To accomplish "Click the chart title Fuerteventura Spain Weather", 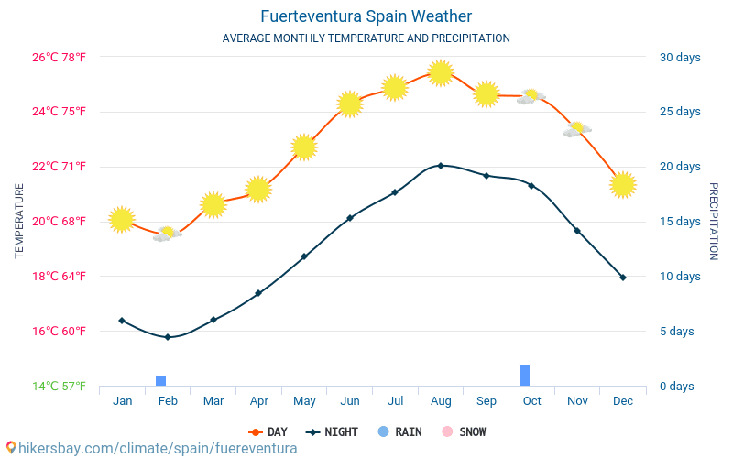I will [x=366, y=16].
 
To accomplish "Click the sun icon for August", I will [x=441, y=72].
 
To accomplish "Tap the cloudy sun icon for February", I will [x=167, y=234].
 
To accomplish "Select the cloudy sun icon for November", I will [x=576, y=129].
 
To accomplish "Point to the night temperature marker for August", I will [x=441, y=166].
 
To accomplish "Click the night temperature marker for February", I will [x=168, y=337].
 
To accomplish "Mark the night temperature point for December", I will [x=623, y=277].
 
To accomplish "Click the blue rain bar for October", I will [x=525, y=375].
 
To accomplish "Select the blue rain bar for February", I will [x=160, y=380].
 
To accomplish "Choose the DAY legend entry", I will [x=268, y=431].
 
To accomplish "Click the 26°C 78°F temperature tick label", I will [x=60, y=58].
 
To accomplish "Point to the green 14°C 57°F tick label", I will [x=60, y=387].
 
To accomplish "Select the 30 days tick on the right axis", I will [x=680, y=58].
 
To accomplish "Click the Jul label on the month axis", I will [x=396, y=401].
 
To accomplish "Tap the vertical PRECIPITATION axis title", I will [x=714, y=221].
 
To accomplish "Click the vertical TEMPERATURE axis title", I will [x=19, y=221].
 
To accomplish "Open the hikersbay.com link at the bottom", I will [x=151, y=448].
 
